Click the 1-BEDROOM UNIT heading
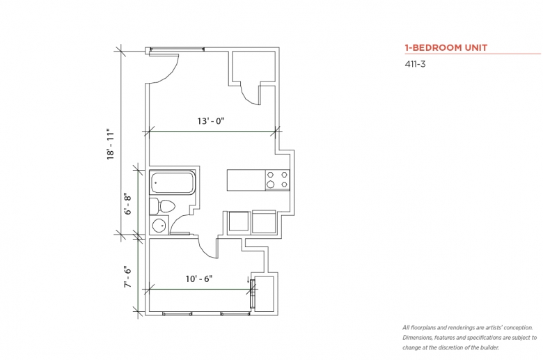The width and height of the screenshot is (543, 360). (446, 47)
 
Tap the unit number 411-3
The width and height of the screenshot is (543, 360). (415, 64)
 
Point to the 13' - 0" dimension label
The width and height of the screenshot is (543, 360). (211, 121)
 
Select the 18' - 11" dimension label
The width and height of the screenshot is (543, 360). (111, 144)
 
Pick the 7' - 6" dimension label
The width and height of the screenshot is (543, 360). (128, 277)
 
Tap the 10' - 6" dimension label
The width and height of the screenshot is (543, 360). (199, 279)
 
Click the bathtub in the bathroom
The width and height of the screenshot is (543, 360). (172, 182)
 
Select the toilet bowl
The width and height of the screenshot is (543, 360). (166, 207)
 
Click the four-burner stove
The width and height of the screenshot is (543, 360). (277, 180)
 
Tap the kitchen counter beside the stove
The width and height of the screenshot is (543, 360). (246, 180)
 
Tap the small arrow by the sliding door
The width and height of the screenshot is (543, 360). (248, 280)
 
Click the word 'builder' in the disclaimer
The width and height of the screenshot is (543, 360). (489, 347)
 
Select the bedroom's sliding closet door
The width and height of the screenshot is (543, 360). (253, 293)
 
